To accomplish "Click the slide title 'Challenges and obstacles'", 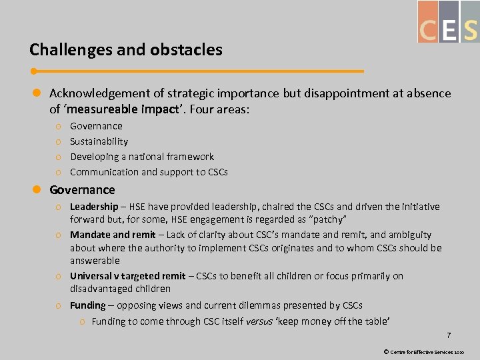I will [x=126, y=50].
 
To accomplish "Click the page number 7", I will [x=449, y=335].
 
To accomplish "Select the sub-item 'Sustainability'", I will [x=99, y=141].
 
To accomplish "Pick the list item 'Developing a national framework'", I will [x=142, y=157].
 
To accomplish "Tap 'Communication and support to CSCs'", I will [x=149, y=172].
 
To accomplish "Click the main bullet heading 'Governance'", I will [x=82, y=190].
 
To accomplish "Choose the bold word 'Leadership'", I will [x=93, y=207].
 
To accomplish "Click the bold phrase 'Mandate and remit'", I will [x=113, y=235].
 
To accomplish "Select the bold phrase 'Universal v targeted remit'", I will [x=127, y=276].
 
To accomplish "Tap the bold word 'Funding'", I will [x=87, y=305].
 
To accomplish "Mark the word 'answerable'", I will [x=95, y=261].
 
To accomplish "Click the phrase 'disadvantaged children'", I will [x=120, y=289].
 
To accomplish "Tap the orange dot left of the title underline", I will [x=33, y=71].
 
